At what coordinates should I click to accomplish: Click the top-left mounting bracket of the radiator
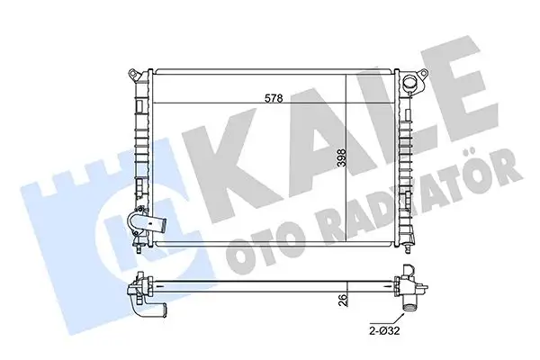(133, 70)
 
